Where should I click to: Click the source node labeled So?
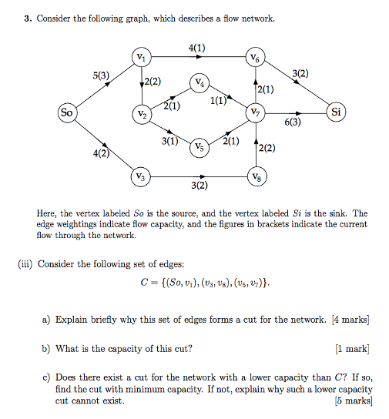tap(66, 112)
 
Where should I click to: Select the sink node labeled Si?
tap(335, 112)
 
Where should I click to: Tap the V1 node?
tap(140, 56)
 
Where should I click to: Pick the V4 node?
tap(199, 83)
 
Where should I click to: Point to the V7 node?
tap(255, 113)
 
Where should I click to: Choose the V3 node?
tap(140, 176)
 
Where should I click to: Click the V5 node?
tap(199, 146)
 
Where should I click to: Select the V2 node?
tap(140, 114)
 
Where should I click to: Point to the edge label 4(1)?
tap(196, 48)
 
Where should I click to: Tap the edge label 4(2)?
tap(101, 153)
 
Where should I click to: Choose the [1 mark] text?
tap(352, 348)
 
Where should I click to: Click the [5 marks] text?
tap(354, 401)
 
